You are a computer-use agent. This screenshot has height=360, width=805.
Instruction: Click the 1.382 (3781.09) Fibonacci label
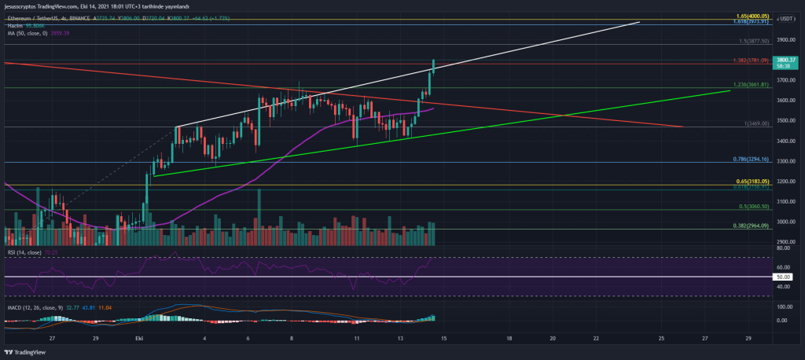tap(748, 61)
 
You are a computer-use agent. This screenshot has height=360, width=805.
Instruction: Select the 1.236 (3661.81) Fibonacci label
tap(748, 85)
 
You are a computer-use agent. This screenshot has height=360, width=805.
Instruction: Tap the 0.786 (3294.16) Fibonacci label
tap(748, 160)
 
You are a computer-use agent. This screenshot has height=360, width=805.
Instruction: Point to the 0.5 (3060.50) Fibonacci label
tap(750, 207)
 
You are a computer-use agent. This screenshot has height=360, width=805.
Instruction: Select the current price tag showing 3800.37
tap(786, 61)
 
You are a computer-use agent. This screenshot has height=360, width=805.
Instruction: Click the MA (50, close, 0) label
tap(30, 34)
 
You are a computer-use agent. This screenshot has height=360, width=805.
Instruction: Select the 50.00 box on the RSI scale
tap(785, 277)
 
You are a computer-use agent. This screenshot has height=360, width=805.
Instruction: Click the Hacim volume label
tap(16, 26)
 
